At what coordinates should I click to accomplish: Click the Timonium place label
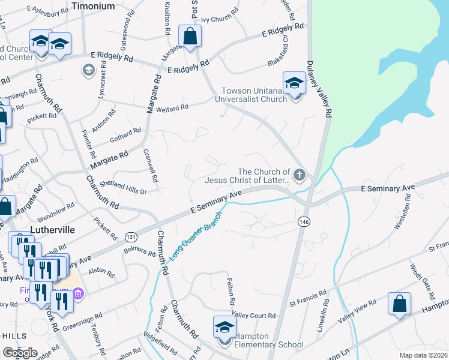(x=93, y=5)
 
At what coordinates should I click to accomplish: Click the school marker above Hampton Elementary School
(x=225, y=328)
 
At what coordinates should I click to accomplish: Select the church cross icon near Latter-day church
(x=300, y=175)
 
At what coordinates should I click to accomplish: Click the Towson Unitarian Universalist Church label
(x=255, y=95)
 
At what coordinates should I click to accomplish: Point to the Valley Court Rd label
(x=254, y=315)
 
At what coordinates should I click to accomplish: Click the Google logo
(x=20, y=353)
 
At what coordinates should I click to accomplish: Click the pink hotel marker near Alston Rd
(x=78, y=293)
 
